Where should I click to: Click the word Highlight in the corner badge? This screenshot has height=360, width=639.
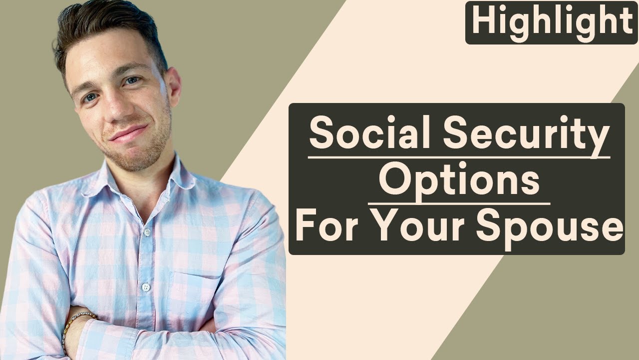(552, 22)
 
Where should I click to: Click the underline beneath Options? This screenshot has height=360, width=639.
(459, 203)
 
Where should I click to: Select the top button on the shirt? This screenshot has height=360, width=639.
(146, 232)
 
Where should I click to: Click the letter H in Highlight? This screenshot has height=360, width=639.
(482, 22)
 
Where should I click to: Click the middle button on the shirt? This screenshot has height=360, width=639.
(145, 287)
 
